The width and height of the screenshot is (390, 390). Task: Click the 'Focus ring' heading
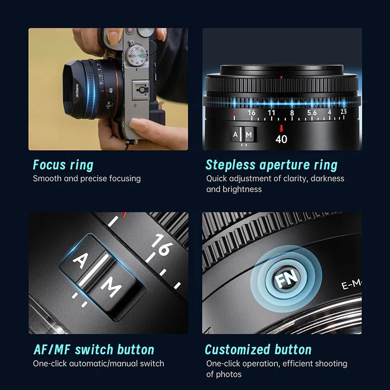tap(63, 165)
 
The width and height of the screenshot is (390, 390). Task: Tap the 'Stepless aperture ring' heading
tap(272, 165)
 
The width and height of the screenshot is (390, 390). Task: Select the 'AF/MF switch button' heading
tap(94, 350)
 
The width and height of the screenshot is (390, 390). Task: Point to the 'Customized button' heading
tap(258, 350)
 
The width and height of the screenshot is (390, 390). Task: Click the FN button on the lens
tap(286, 278)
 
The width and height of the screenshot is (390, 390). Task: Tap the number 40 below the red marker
tap(281, 139)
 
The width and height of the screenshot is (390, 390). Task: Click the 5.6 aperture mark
tap(312, 113)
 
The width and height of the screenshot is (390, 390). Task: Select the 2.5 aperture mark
tap(344, 112)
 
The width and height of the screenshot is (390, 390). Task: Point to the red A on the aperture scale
tap(234, 113)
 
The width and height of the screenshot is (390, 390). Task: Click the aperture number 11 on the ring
tap(272, 113)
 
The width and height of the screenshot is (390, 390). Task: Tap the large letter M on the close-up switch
tap(111, 287)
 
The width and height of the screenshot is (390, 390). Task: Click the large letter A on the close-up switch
tap(80, 260)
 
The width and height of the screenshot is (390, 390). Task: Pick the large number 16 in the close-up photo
tap(162, 245)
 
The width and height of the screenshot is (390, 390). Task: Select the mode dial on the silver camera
tap(135, 55)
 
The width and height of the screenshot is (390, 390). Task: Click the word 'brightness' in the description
tap(242, 189)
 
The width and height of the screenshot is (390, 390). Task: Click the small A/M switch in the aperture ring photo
tap(243, 135)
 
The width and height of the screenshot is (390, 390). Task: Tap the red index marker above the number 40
tap(281, 128)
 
